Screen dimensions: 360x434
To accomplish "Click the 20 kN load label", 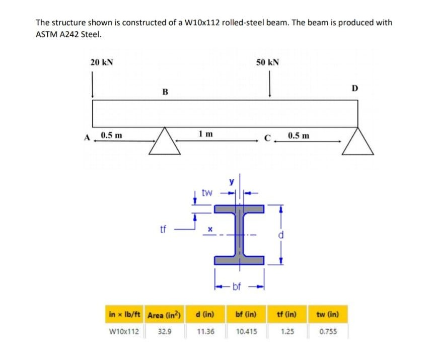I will (102, 62).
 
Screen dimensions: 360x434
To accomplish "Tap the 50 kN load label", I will (268, 62).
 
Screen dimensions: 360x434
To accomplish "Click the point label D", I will (354, 89).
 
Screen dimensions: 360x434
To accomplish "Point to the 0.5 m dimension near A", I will (110, 135).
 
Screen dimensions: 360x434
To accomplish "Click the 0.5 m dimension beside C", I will (299, 135).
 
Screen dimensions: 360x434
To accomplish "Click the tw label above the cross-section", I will (206, 192).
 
